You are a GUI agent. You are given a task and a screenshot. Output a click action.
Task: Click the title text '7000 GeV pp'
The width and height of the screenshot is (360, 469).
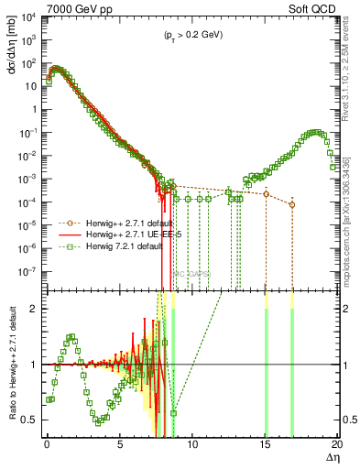[71, 8]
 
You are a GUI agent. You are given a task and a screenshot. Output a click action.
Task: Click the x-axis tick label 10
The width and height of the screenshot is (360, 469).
[192, 442]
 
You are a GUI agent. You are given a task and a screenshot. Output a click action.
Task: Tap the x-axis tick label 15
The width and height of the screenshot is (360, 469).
[266, 442]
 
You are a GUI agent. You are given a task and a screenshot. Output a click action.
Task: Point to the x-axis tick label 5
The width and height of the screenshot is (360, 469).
[120, 442]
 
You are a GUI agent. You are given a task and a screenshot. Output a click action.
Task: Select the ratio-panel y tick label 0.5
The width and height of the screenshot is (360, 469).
[33, 420]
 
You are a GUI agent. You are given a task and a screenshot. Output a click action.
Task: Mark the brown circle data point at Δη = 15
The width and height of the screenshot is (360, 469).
[266, 194]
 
